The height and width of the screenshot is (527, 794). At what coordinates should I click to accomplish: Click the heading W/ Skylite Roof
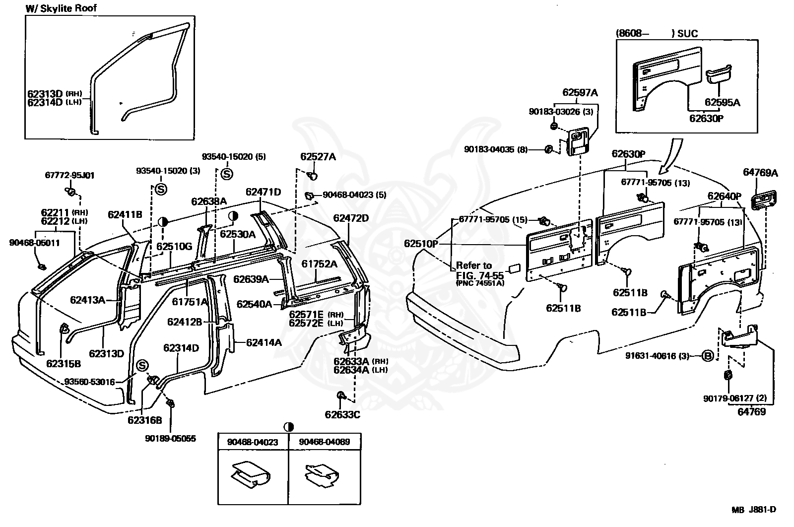pyautogui.click(x=62, y=8)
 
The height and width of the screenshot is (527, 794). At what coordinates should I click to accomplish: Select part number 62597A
pyautogui.click(x=580, y=92)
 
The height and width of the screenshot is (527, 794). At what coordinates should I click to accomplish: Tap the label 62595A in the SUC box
pyautogui.click(x=722, y=103)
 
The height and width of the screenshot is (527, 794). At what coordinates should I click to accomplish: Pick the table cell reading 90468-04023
pyautogui.click(x=253, y=442)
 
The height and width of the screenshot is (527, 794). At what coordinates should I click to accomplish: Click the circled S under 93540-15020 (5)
pyautogui.click(x=226, y=174)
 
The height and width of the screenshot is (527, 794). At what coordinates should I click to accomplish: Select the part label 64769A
pyautogui.click(x=760, y=173)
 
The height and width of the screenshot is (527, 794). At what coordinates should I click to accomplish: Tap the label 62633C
pyautogui.click(x=342, y=414)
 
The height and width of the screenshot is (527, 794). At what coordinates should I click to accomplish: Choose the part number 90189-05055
pyautogui.click(x=170, y=439)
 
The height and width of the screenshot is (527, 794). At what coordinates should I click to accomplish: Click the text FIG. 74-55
pyautogui.click(x=480, y=274)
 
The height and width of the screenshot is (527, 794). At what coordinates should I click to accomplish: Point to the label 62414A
pyautogui.click(x=264, y=342)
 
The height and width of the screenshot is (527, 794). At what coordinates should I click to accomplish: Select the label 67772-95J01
pyautogui.click(x=69, y=175)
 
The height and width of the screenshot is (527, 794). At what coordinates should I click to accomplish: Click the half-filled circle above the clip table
pyautogui.click(x=289, y=427)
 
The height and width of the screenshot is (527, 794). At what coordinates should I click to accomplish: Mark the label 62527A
pyautogui.click(x=318, y=157)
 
